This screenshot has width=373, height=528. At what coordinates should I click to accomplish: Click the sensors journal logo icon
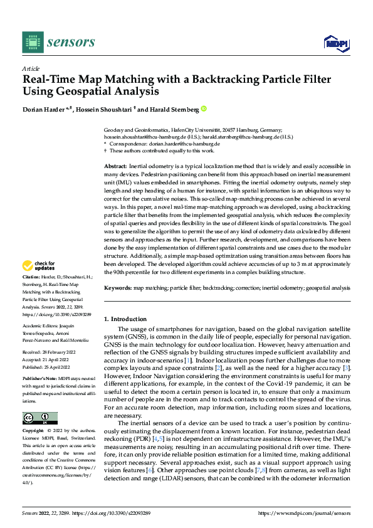coord(32,42)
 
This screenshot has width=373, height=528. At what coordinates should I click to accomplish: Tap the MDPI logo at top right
coord(335,42)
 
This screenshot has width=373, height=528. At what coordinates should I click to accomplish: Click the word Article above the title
coord(31,69)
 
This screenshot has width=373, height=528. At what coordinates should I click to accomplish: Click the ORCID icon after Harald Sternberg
coord(203,110)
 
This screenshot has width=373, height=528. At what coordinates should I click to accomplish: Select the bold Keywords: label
coord(117,288)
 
